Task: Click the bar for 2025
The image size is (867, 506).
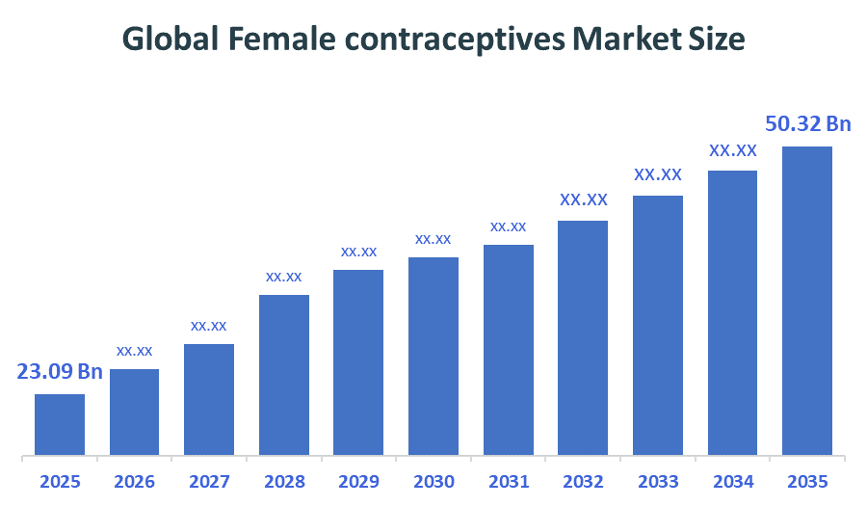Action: point(60,424)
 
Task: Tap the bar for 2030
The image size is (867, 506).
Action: point(433,356)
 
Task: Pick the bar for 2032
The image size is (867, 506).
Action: point(583,337)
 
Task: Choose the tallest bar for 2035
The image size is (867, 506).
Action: point(807,300)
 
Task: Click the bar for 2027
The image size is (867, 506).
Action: point(209,399)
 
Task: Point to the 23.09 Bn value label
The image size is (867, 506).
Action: point(60,371)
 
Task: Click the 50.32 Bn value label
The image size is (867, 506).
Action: point(808,123)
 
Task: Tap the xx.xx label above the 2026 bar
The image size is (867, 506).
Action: point(135,351)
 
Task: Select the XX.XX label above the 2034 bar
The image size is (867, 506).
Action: point(733,150)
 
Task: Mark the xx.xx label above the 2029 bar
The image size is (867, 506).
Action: point(358,252)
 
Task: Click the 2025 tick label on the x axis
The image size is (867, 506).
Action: point(60,481)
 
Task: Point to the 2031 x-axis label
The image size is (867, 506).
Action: point(508,481)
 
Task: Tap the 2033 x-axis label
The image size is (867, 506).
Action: point(658,481)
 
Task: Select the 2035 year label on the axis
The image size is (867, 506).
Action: point(807,481)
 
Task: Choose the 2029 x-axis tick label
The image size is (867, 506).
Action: point(358,481)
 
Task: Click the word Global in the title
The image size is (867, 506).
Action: point(170,39)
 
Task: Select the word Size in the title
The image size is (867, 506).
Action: point(715,39)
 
